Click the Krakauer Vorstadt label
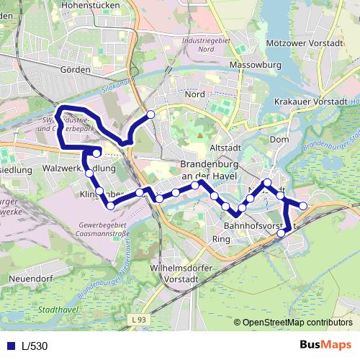coord(315,104)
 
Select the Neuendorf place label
coord(29,277)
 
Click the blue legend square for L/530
coord(9,346)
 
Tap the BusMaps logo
coord(324,345)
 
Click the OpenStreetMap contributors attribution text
coord(297,322)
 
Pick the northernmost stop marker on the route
coord(150,114)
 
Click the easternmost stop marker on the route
coord(304,206)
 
